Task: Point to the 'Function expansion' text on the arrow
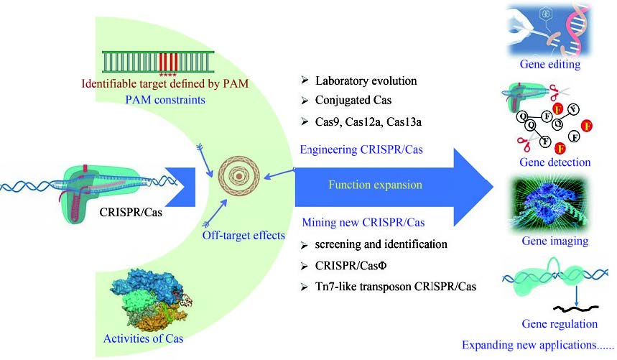[374, 184]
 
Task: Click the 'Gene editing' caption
[549, 65]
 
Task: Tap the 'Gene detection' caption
[556, 162]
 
